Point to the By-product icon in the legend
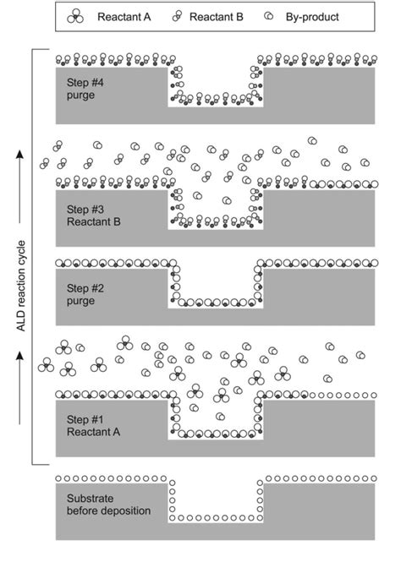point(272,16)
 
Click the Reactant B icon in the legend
point(178,16)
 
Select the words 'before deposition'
point(105,511)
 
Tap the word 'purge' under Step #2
point(79,301)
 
